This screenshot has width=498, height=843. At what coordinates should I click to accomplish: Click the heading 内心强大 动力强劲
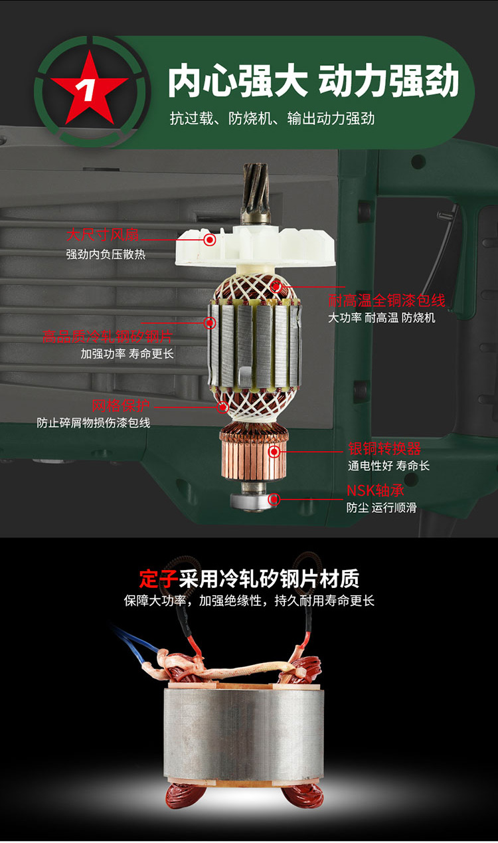pyautogui.click(x=313, y=82)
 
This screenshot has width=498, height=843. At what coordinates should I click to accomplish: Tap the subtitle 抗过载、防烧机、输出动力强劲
pyautogui.click(x=272, y=119)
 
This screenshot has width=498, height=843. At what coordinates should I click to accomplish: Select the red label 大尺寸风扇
pyautogui.click(x=102, y=235)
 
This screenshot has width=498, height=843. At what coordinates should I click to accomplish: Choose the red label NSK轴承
pyautogui.click(x=375, y=490)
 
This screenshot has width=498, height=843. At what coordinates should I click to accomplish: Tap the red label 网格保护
pyautogui.click(x=121, y=405)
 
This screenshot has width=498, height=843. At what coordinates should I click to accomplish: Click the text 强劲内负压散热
pyautogui.click(x=105, y=254)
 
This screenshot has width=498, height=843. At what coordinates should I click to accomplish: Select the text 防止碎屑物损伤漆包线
pyautogui.click(x=94, y=422)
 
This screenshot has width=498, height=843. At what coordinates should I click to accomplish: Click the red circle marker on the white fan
pyautogui.click(x=210, y=239)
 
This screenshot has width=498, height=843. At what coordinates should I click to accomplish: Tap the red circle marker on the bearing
pyautogui.click(x=274, y=499)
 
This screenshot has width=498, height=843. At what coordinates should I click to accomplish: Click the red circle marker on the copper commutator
pyautogui.click(x=274, y=452)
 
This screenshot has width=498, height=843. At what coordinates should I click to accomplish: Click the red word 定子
pyautogui.click(x=158, y=579)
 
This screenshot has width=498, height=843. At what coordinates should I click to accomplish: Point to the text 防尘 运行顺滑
pyautogui.click(x=381, y=508)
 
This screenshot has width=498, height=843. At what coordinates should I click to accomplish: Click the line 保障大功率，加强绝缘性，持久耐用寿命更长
pyautogui.click(x=249, y=601)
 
